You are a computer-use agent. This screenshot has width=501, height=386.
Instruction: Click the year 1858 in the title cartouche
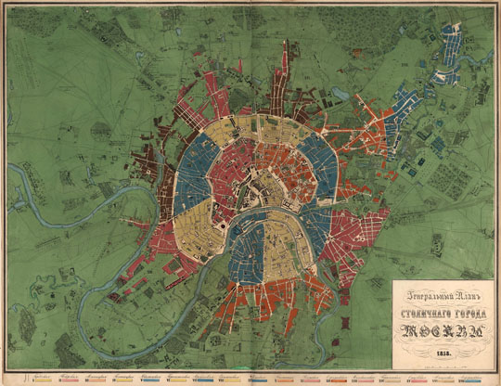(443, 353)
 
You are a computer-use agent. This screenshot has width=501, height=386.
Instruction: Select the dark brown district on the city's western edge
(148, 167)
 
